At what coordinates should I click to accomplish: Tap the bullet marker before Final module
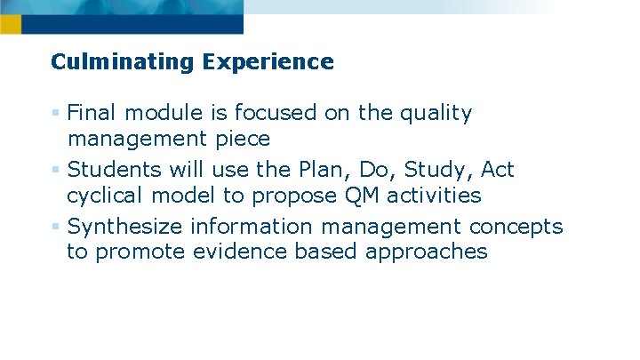(x=56, y=113)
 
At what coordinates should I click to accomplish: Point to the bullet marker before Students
(x=56, y=169)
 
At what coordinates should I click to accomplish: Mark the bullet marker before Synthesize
(x=56, y=226)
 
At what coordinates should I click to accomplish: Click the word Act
(x=497, y=169)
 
